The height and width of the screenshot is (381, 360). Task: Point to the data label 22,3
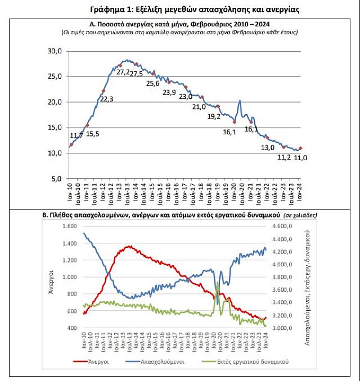(106, 99)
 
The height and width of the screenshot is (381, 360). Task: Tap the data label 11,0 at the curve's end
(301, 158)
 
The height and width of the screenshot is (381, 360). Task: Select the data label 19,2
(214, 117)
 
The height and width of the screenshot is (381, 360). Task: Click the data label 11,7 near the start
(76, 136)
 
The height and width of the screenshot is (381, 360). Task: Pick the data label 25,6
(153, 83)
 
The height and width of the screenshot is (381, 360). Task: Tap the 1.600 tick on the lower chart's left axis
(69, 226)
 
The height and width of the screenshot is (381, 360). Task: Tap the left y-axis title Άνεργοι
(50, 282)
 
